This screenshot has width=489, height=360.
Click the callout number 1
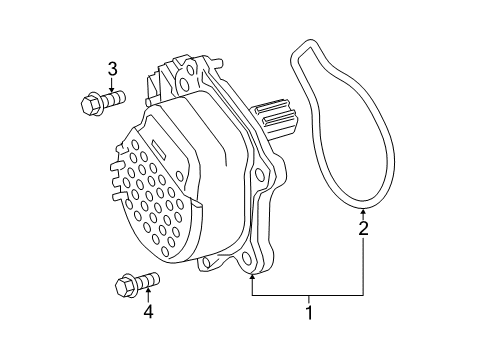[x=309, y=313]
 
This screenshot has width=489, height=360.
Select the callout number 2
[x=363, y=229]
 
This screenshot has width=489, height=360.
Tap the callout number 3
[x=112, y=69]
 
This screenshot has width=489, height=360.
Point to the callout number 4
[x=148, y=312]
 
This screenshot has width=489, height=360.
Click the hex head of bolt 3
[x=91, y=104]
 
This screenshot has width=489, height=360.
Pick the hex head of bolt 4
[x=126, y=286]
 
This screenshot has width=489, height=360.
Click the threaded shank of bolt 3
[x=113, y=98]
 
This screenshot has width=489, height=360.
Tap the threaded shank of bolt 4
[x=148, y=280]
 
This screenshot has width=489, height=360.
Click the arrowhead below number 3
[x=112, y=89]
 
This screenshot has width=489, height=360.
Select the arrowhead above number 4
[x=148, y=291]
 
